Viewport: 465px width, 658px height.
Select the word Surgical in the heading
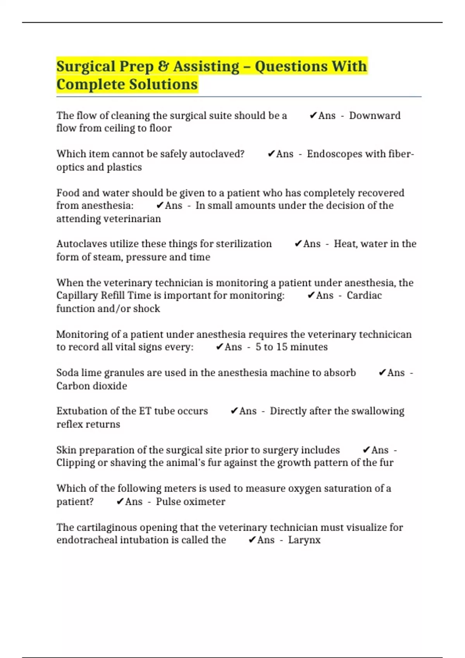tap(86, 67)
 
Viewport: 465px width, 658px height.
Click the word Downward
tap(375, 116)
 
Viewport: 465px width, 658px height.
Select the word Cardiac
tap(364, 295)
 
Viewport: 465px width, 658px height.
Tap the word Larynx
tap(304, 540)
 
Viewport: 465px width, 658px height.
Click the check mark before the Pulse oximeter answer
tap(120, 502)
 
